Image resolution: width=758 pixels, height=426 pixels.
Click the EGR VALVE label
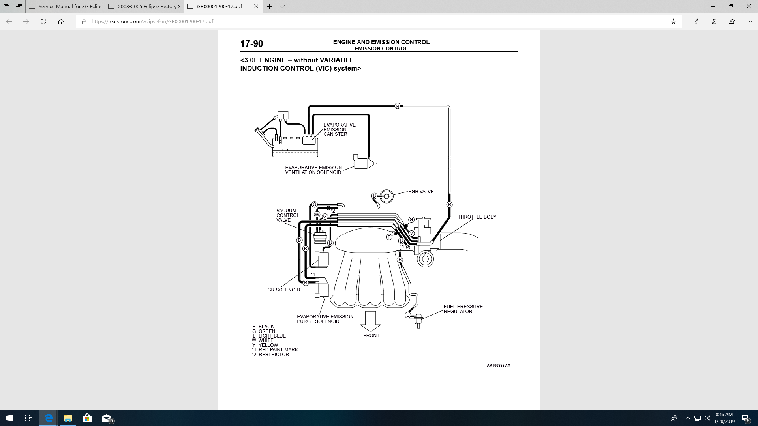point(421,192)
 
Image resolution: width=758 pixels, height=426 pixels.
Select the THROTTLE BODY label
point(477,217)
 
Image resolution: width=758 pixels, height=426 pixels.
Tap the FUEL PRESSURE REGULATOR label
point(463,309)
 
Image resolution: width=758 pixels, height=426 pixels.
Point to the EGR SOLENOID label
point(282,290)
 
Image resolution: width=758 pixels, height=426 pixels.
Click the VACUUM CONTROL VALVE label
point(287,215)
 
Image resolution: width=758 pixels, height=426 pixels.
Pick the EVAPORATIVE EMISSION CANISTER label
point(339,129)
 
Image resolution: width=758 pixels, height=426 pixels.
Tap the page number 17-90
point(251,44)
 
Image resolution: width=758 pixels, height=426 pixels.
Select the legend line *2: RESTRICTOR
point(270,355)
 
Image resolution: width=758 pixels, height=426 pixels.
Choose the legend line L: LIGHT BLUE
point(269,336)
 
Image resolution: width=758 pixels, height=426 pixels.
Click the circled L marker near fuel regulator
point(408,315)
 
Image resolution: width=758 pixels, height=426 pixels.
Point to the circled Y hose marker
point(412,234)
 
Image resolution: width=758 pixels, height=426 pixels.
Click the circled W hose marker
point(317,215)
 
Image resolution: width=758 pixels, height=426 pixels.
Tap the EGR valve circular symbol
point(387,196)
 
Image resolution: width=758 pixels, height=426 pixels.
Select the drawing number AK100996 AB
point(498,366)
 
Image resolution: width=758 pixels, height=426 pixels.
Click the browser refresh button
point(43,22)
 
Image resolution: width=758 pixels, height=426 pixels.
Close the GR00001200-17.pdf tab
point(256,6)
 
